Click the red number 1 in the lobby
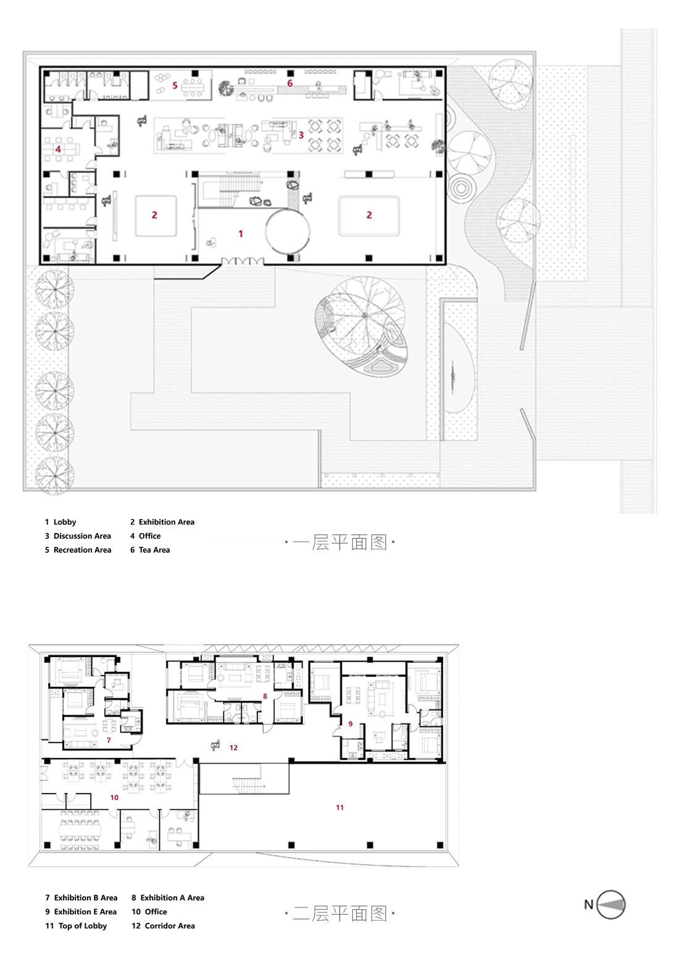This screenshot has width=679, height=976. (241, 233)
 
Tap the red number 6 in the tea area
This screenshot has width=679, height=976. (290, 83)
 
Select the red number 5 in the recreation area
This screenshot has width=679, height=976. (175, 85)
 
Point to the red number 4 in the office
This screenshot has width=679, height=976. (58, 149)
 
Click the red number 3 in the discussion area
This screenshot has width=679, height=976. (301, 135)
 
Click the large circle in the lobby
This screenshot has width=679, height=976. (287, 232)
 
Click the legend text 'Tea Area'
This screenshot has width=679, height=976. (154, 550)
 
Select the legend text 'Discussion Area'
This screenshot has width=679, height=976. (82, 536)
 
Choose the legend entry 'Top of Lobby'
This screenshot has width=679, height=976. (83, 926)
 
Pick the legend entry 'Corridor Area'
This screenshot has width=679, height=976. (170, 926)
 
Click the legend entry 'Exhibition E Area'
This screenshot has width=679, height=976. (85, 912)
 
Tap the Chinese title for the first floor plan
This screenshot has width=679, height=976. (339, 542)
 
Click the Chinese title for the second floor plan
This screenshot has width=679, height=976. (339, 913)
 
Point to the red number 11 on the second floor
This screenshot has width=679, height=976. (339, 807)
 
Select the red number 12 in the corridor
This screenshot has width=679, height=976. (233, 747)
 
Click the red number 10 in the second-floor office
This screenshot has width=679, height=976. (114, 797)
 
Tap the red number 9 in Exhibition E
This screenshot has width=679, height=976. (350, 724)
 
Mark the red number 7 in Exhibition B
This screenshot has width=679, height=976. (109, 740)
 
